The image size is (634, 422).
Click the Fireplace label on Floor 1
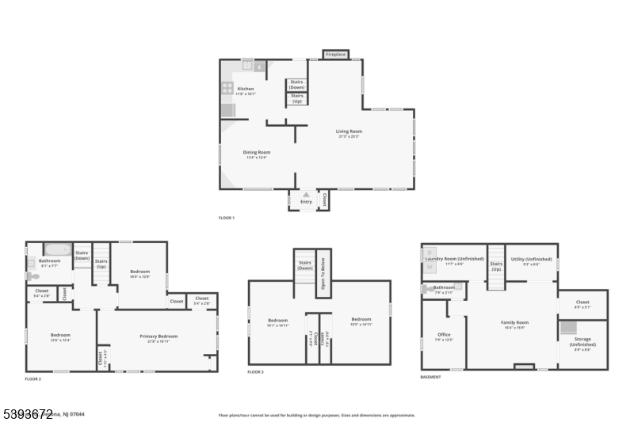[x=336, y=55]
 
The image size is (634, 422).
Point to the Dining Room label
[x=256, y=152]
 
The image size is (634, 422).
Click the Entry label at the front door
[x=306, y=202]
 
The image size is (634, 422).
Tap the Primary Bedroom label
[x=158, y=336]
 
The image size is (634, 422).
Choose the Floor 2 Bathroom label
[x=50, y=260]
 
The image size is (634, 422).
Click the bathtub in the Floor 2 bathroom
[x=57, y=249]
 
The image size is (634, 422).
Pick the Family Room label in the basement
[x=514, y=322]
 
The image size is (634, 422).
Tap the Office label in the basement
[x=444, y=335]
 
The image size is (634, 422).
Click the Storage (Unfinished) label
[x=582, y=341]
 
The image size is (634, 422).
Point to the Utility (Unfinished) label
[x=532, y=259]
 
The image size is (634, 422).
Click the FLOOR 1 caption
[x=227, y=218]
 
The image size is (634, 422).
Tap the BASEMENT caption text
[x=430, y=377]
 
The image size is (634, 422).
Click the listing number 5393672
[x=27, y=412]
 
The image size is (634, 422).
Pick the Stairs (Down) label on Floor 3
[x=305, y=265]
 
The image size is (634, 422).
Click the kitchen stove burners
[x=227, y=89]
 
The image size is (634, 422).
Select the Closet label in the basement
[x=582, y=302]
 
